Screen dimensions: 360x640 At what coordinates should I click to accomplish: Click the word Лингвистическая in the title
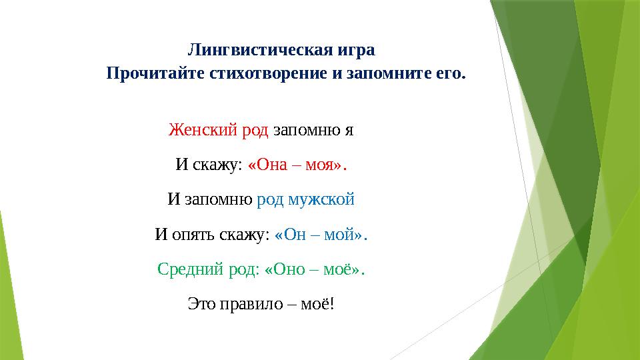[x=261, y=50]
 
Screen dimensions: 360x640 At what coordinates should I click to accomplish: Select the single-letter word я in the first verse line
[x=348, y=130]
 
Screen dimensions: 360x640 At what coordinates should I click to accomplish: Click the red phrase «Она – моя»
[x=297, y=165]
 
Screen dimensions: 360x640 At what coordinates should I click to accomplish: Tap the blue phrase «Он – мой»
[x=321, y=235]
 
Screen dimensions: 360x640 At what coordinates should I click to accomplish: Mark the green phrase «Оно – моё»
[x=315, y=269]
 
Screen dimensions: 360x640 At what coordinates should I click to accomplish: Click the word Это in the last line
[x=201, y=305]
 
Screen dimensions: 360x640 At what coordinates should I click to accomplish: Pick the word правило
[x=246, y=305]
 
